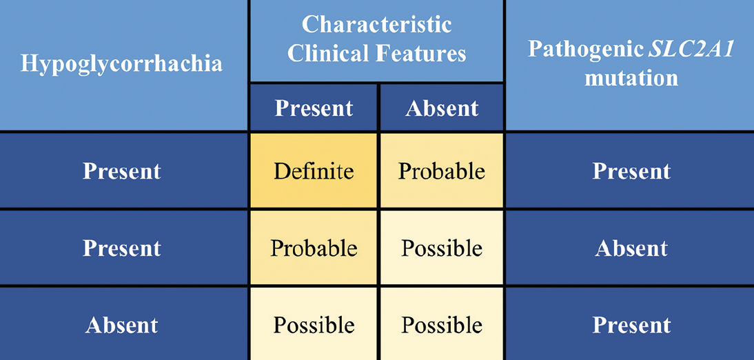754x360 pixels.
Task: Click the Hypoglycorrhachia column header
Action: [x=122, y=63]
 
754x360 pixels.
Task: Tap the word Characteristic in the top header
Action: [x=376, y=24]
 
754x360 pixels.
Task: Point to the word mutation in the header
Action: [x=631, y=77]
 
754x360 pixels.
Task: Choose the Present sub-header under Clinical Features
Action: [x=314, y=108]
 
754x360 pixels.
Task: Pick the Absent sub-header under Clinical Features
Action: [x=442, y=108]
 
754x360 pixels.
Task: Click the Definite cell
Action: [x=314, y=170]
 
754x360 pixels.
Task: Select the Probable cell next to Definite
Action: [x=442, y=170]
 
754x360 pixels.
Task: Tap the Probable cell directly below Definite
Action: [x=314, y=248]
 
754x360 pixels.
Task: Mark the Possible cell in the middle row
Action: [x=442, y=248]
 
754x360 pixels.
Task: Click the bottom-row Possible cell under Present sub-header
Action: [x=314, y=325]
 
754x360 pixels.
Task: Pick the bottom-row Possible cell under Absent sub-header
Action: [x=442, y=325]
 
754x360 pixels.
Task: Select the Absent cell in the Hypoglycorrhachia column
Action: [x=122, y=325]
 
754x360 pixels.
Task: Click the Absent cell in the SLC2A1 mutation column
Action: [x=631, y=248]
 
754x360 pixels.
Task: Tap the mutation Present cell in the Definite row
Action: [x=631, y=170]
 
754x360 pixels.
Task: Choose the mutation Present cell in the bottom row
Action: [x=631, y=325]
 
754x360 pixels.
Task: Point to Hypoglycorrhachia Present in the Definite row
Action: [x=122, y=170]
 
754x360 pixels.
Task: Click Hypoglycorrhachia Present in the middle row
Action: [x=122, y=248]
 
